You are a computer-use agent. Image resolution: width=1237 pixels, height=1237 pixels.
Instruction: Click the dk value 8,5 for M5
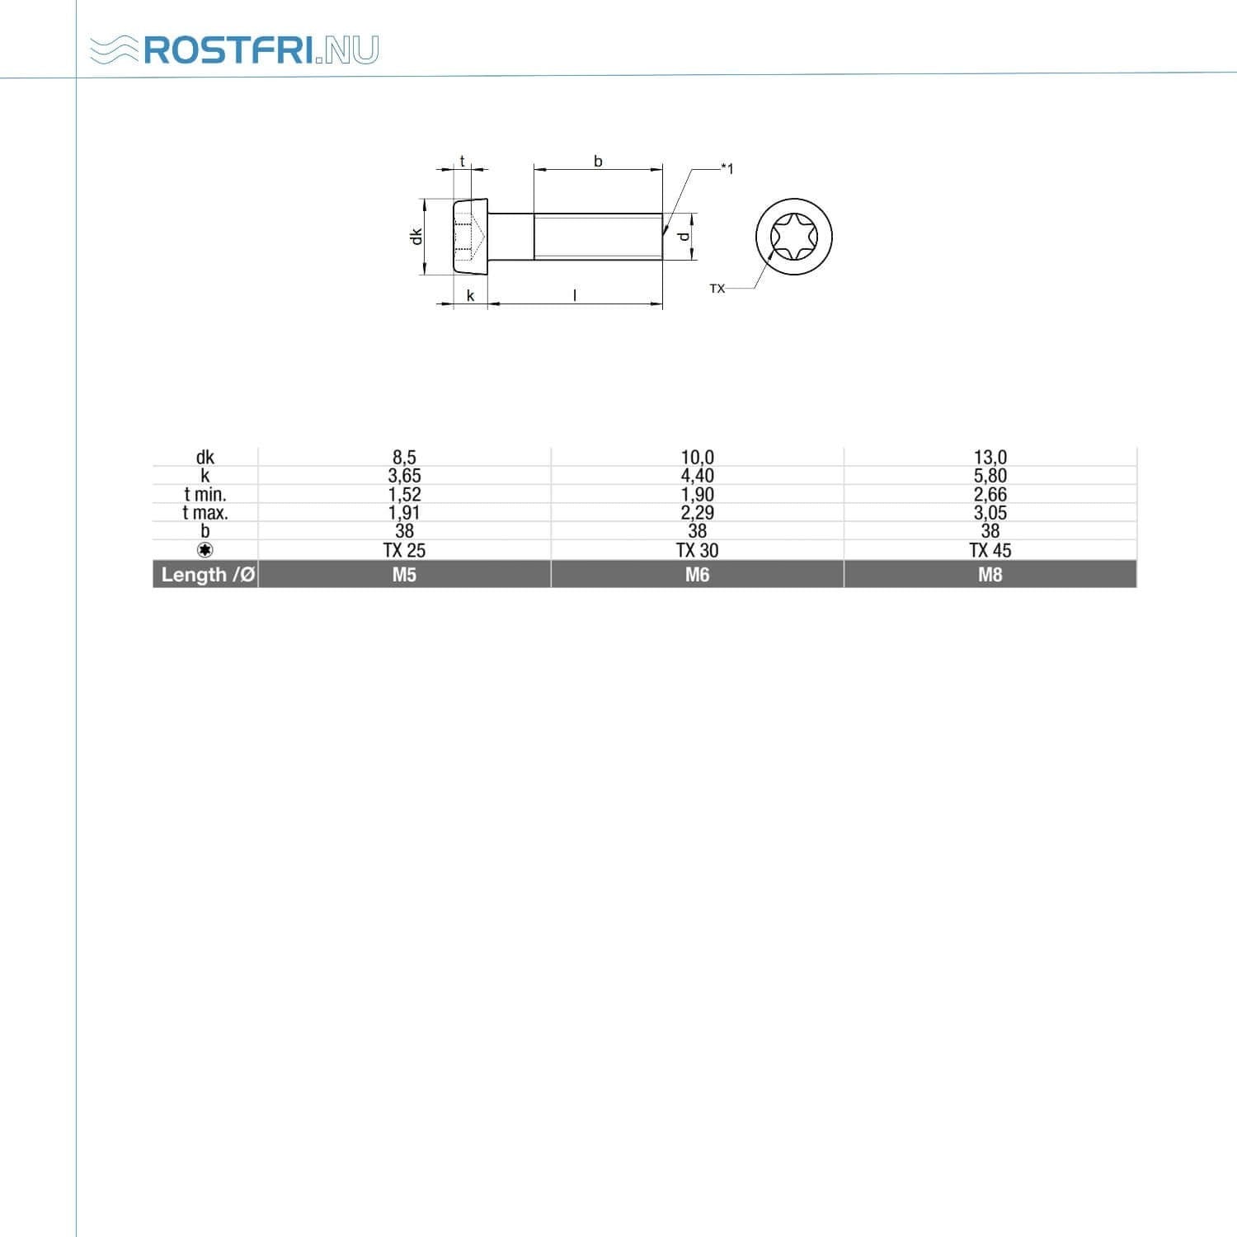pos(404,457)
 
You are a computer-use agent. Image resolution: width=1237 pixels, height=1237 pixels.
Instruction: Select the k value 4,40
pos(698,476)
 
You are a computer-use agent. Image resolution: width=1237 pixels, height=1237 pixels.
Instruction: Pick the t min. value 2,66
pos(990,495)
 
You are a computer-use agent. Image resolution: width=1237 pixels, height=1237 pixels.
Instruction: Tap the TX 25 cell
pos(404,550)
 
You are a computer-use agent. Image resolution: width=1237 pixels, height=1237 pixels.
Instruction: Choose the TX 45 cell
pos(990,550)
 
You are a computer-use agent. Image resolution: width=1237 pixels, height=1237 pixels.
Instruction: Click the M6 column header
pos(698,575)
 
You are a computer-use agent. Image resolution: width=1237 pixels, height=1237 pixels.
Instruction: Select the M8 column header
pos(990,575)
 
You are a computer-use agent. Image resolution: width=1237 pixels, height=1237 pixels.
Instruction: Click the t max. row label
pos(205,513)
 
